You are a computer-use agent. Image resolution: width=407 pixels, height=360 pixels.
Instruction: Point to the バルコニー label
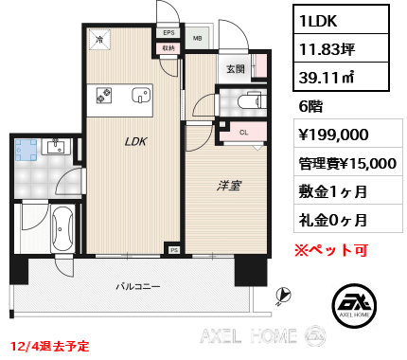click(137, 285)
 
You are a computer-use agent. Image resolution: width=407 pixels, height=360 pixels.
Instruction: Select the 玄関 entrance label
click(236, 68)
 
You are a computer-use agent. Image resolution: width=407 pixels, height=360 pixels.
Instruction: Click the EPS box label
click(168, 32)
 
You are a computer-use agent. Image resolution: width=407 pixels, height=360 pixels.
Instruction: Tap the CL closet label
click(243, 132)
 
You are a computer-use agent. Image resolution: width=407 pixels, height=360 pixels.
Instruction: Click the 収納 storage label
click(168, 46)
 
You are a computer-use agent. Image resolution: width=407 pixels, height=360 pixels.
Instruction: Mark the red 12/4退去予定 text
click(53, 347)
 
